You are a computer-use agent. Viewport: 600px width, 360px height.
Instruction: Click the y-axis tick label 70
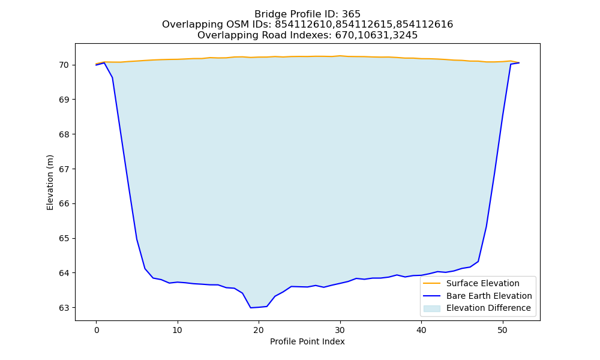(x=64, y=65)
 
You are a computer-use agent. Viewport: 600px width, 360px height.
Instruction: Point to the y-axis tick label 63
(x=64, y=308)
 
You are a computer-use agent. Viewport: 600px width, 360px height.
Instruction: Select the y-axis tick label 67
(x=64, y=169)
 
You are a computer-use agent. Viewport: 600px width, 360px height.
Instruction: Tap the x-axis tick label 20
(x=259, y=330)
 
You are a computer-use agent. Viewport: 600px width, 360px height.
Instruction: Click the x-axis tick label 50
(x=503, y=330)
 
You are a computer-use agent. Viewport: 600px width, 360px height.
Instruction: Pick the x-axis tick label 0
(x=97, y=330)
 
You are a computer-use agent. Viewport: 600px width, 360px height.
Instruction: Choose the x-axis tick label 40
(x=421, y=330)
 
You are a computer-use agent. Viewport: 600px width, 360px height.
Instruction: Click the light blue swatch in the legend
(x=431, y=308)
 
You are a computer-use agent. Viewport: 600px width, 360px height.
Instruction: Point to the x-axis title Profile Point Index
(x=307, y=341)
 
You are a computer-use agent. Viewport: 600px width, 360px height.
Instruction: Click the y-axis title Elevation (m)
(x=50, y=182)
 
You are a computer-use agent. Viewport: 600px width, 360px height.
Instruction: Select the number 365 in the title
(x=351, y=14)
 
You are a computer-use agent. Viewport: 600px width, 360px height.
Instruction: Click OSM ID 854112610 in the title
(x=303, y=25)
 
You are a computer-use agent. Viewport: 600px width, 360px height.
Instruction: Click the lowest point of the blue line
(x=251, y=308)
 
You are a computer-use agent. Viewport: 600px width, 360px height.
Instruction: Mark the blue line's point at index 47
(x=478, y=262)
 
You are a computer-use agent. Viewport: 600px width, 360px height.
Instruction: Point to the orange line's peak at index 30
(x=340, y=56)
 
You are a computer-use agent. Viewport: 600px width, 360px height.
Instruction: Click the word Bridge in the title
(x=267, y=14)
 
